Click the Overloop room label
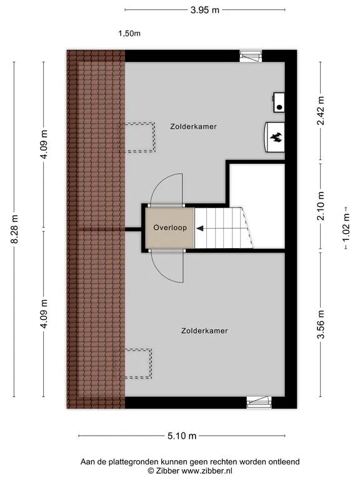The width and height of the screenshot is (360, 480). [170, 227]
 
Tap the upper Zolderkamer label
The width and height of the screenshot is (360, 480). [194, 126]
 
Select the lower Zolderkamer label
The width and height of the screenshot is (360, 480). [204, 331]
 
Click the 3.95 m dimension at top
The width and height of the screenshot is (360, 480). [205, 10]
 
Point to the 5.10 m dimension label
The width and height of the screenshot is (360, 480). [182, 436]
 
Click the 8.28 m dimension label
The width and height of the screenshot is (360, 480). [15, 229]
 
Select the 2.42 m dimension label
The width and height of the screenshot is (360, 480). [321, 111]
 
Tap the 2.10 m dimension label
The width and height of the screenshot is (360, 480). [321, 206]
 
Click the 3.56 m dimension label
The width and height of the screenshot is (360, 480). [321, 324]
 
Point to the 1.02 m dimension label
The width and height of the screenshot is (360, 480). [346, 227]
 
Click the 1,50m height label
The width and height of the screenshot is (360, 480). [129, 33]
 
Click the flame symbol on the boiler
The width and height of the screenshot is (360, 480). [276, 137]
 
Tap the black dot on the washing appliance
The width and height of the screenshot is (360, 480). [279, 107]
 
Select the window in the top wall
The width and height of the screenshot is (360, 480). [251, 56]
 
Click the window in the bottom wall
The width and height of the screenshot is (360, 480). [259, 402]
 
